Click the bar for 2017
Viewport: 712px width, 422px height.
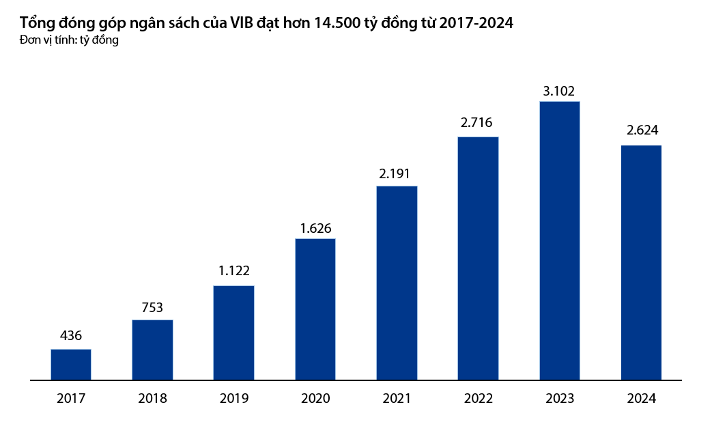[x=71, y=364]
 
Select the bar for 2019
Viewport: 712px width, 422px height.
[x=233, y=332]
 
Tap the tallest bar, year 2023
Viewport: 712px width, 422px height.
[x=560, y=240]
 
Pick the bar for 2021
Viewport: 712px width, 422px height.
[x=397, y=283]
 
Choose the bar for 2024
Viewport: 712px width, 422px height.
[x=641, y=262]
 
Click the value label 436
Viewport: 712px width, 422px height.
[x=71, y=336]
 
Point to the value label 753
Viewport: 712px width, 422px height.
[x=152, y=307]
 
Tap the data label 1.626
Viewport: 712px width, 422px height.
[x=315, y=228]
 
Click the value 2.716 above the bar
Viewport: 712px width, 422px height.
[x=478, y=124]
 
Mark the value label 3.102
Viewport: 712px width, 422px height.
[x=560, y=90]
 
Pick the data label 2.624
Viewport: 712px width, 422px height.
[x=641, y=131]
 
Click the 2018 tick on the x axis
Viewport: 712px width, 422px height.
[x=152, y=399]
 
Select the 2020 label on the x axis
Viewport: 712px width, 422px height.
[x=315, y=399]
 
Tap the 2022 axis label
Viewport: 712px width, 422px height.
[x=478, y=399]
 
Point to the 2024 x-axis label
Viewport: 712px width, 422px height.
[x=641, y=399]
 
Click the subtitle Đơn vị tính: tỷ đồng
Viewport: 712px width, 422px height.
[x=70, y=40]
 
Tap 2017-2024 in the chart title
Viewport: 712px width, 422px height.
[x=476, y=23]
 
